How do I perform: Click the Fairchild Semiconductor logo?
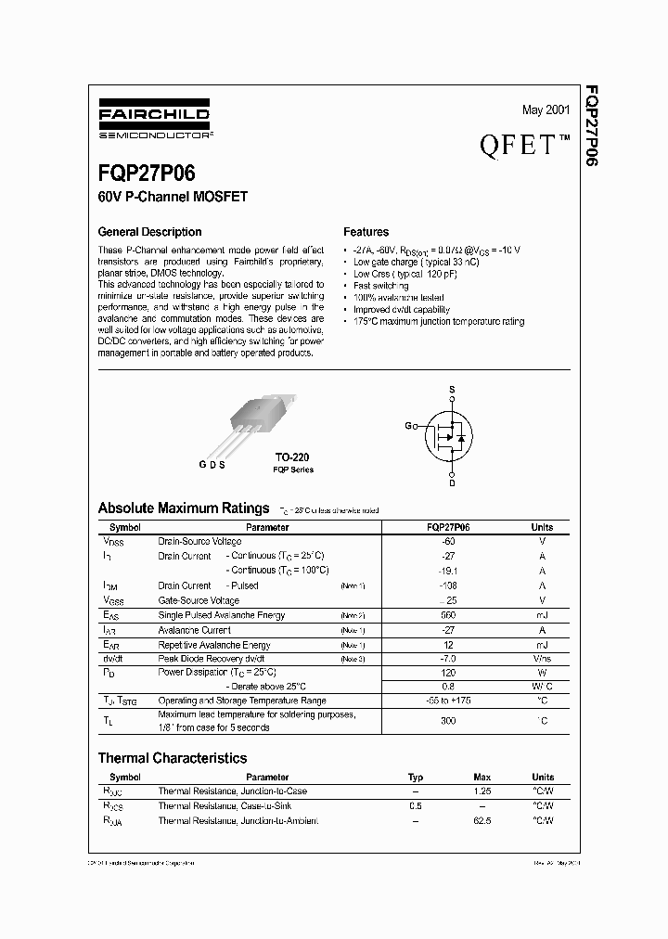click(x=153, y=122)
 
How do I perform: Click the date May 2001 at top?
click(x=546, y=110)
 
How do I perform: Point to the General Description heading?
click(x=149, y=232)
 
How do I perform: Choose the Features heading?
click(x=366, y=232)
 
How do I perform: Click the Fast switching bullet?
click(x=374, y=286)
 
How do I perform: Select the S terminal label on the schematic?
click(x=451, y=390)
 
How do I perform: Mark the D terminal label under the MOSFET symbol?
click(x=452, y=482)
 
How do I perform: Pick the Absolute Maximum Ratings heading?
click(x=183, y=508)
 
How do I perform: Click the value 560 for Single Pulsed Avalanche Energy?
click(x=447, y=615)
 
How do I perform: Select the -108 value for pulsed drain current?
click(x=447, y=585)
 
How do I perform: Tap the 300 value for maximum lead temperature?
click(x=447, y=720)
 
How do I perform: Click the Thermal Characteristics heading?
click(x=173, y=758)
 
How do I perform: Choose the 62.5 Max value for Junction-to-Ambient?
click(x=482, y=820)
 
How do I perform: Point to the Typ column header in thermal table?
click(x=416, y=777)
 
